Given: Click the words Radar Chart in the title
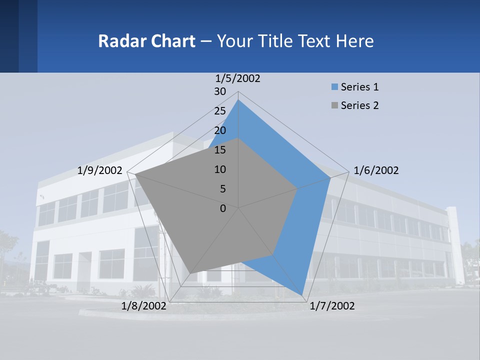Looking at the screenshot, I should (146, 41).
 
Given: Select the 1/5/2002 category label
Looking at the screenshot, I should (238, 78).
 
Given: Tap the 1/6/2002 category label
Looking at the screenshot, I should (376, 170).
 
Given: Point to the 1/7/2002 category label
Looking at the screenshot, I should (332, 306).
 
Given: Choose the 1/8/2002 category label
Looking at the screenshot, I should (144, 306).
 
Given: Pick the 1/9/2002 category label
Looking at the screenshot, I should (100, 170).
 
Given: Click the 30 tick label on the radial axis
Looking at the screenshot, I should (220, 91).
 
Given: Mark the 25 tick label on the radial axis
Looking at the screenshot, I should (220, 111).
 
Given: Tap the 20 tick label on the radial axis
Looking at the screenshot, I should (220, 130).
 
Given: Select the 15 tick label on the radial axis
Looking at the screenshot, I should (220, 150).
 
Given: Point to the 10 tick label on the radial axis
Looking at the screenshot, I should (220, 169).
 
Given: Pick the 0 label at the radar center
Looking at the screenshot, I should (223, 208).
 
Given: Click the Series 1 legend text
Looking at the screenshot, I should (359, 87).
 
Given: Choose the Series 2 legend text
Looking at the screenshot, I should (359, 105).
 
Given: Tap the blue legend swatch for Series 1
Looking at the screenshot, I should (334, 87).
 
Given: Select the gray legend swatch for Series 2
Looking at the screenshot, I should (334, 105).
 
